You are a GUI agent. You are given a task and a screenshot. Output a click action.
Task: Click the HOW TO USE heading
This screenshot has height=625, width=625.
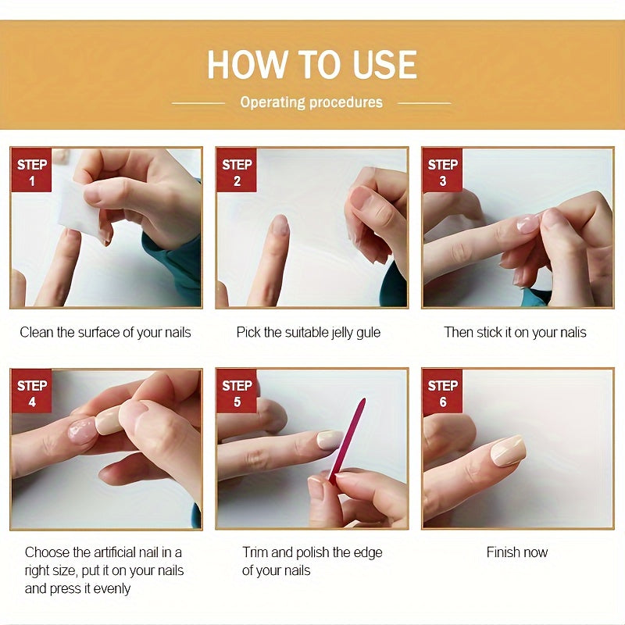point(312,65)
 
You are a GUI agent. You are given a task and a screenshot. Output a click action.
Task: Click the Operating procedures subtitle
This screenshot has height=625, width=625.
point(311,102)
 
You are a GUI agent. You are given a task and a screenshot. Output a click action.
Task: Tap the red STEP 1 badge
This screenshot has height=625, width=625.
point(31,170)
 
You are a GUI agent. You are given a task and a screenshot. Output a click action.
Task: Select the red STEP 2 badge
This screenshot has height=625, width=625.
point(237,170)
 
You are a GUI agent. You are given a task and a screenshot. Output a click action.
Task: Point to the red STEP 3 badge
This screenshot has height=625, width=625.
point(442,170)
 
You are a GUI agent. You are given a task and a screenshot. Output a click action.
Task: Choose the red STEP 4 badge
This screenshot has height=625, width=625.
point(31,391)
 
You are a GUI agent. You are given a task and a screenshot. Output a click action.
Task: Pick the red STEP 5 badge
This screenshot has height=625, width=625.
point(237,391)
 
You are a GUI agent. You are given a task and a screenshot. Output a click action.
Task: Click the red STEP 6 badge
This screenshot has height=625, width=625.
point(442,391)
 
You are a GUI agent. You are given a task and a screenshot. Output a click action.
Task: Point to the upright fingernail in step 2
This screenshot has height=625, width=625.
point(280,225)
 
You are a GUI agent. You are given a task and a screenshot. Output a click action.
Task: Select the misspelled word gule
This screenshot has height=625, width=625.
point(368,333)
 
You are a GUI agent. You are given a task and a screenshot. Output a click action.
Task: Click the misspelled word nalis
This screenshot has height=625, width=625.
point(573,333)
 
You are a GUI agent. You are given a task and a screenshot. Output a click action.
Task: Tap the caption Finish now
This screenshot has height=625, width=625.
point(517,552)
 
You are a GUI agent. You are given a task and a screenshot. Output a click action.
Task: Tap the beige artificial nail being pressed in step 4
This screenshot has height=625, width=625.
point(108,420)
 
